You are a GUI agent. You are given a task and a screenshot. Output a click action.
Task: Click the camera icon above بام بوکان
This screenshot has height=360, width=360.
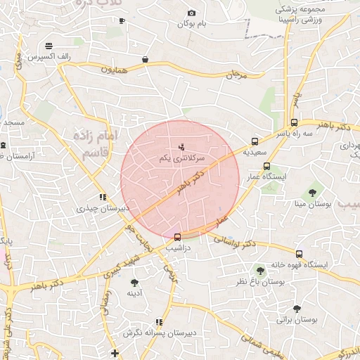(191, 13)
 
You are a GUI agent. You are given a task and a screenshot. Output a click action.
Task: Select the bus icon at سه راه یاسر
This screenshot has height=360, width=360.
(294, 122)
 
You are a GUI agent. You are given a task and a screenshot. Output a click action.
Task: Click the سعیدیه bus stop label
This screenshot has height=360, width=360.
(255, 151)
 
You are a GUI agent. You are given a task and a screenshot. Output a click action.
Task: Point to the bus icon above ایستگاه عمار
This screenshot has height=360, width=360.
(266, 167)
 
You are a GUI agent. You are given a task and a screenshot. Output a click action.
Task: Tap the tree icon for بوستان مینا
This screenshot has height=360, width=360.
(312, 193)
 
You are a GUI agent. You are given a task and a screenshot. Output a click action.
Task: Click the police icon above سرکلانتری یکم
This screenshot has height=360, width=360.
(181, 147)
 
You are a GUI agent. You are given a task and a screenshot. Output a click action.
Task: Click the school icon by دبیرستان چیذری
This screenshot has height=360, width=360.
(103, 198)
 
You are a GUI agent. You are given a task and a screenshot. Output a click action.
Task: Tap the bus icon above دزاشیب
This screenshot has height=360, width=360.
(176, 237)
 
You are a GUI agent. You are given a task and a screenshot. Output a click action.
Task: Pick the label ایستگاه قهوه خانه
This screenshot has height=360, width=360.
(300, 264)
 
